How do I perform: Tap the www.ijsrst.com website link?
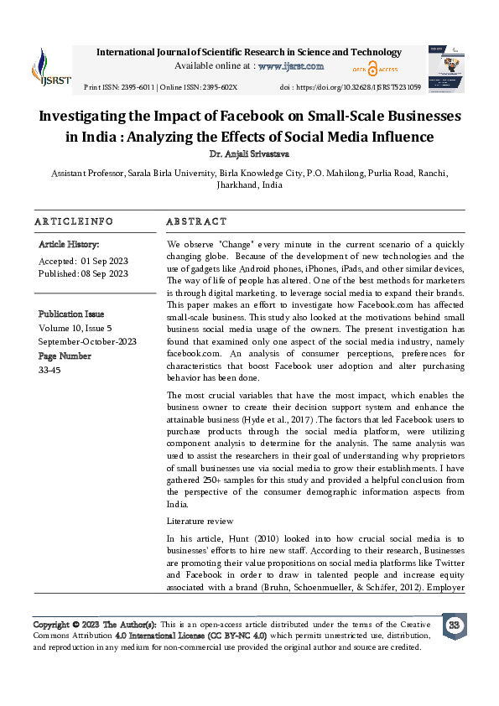291,65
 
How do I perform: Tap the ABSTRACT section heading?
196,221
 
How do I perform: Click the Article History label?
69,244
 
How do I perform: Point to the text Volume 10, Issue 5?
82,329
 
